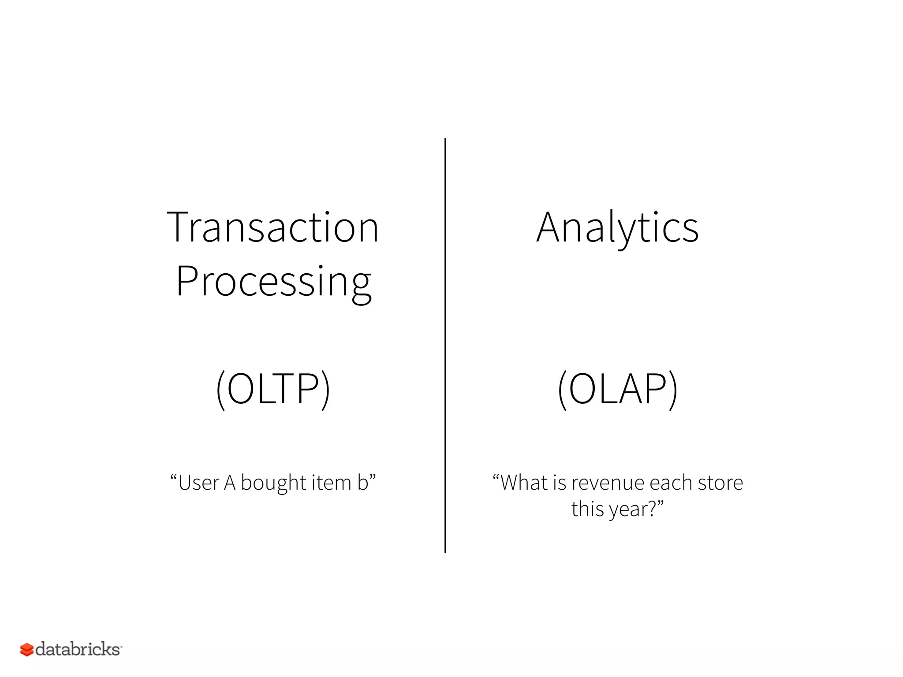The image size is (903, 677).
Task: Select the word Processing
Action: (273, 282)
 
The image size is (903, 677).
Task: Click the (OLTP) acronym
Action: (273, 388)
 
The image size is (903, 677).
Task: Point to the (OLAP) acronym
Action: (617, 388)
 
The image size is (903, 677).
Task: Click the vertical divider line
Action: (445, 344)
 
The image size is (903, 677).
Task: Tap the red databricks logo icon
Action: (26, 649)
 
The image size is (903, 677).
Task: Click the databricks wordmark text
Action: (78, 649)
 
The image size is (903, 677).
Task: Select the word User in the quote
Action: (198, 483)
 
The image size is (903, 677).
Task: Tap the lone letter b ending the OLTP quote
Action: (363, 483)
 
